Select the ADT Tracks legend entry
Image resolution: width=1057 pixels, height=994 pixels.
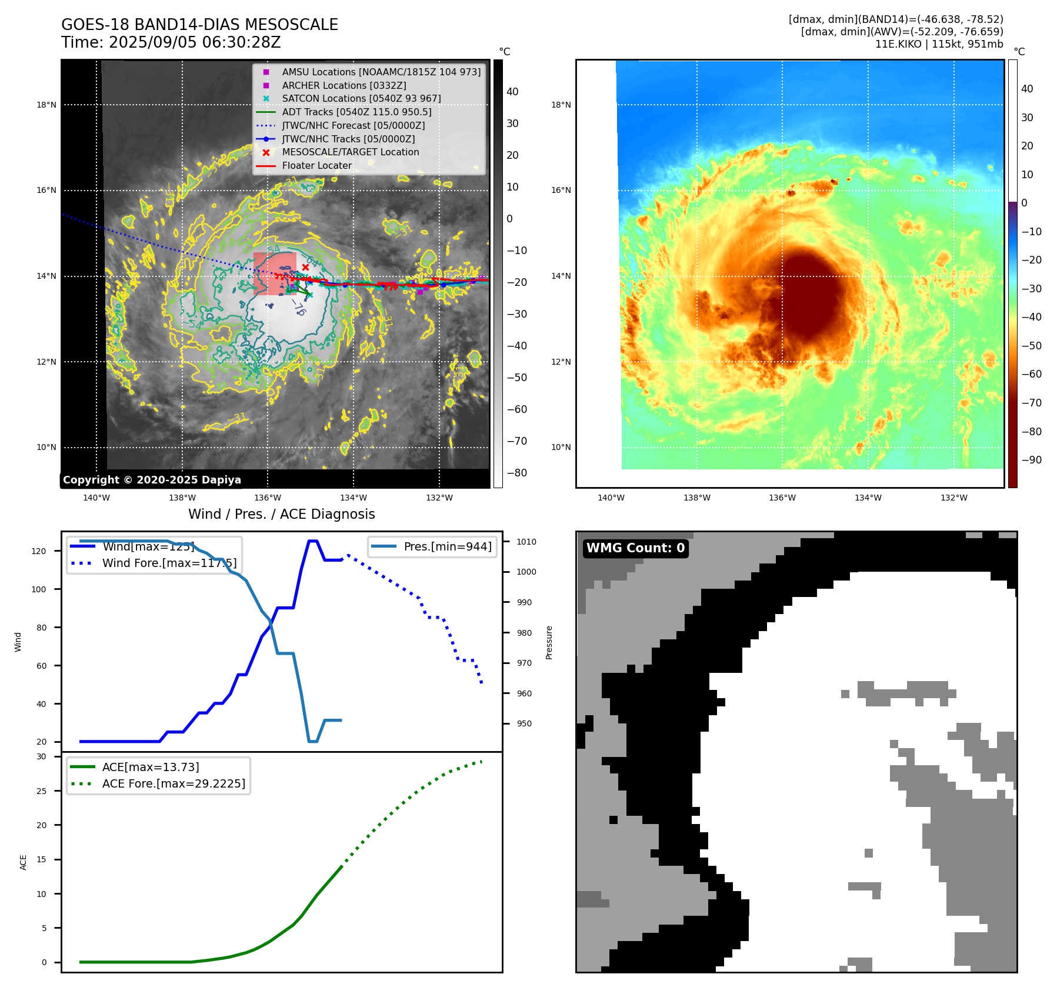click(356, 112)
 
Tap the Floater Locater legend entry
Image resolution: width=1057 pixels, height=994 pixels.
click(316, 166)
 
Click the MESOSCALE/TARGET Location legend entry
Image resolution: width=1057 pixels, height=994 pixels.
click(351, 152)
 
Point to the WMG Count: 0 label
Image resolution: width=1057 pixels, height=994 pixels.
click(635, 548)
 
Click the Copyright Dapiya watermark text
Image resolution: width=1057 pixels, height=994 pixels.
click(152, 480)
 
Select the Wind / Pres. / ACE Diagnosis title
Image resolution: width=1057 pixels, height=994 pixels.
click(281, 514)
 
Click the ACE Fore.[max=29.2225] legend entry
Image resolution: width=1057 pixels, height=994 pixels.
click(174, 783)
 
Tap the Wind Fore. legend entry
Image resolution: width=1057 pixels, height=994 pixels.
click(169, 563)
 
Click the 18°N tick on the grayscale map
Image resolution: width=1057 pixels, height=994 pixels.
click(46, 105)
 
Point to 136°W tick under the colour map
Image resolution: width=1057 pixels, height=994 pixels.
click(782, 498)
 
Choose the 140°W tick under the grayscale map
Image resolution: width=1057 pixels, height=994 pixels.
click(96, 498)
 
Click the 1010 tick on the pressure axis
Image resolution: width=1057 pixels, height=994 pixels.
click(526, 542)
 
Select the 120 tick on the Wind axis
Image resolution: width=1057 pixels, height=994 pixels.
click(39, 551)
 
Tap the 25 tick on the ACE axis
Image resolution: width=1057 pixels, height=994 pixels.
click(41, 791)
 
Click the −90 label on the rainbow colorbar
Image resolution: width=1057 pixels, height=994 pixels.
click(1031, 460)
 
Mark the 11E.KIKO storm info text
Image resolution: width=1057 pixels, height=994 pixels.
click(939, 44)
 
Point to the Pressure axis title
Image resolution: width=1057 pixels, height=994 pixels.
click(549, 642)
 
